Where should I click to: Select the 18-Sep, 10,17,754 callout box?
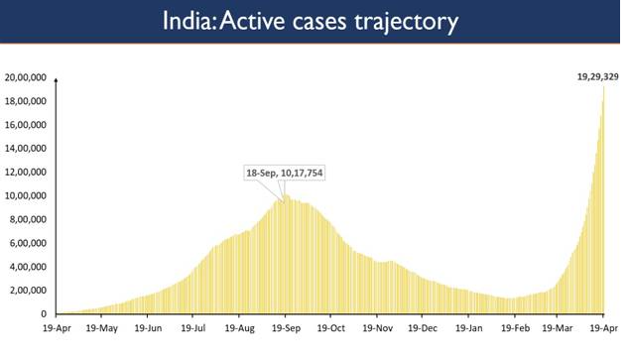(286, 173)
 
